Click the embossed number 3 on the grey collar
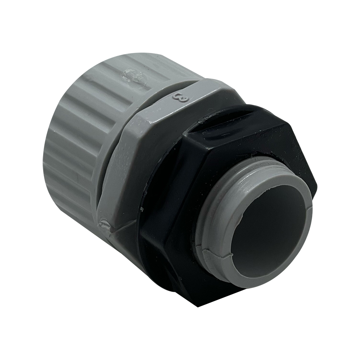coord(180,98)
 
